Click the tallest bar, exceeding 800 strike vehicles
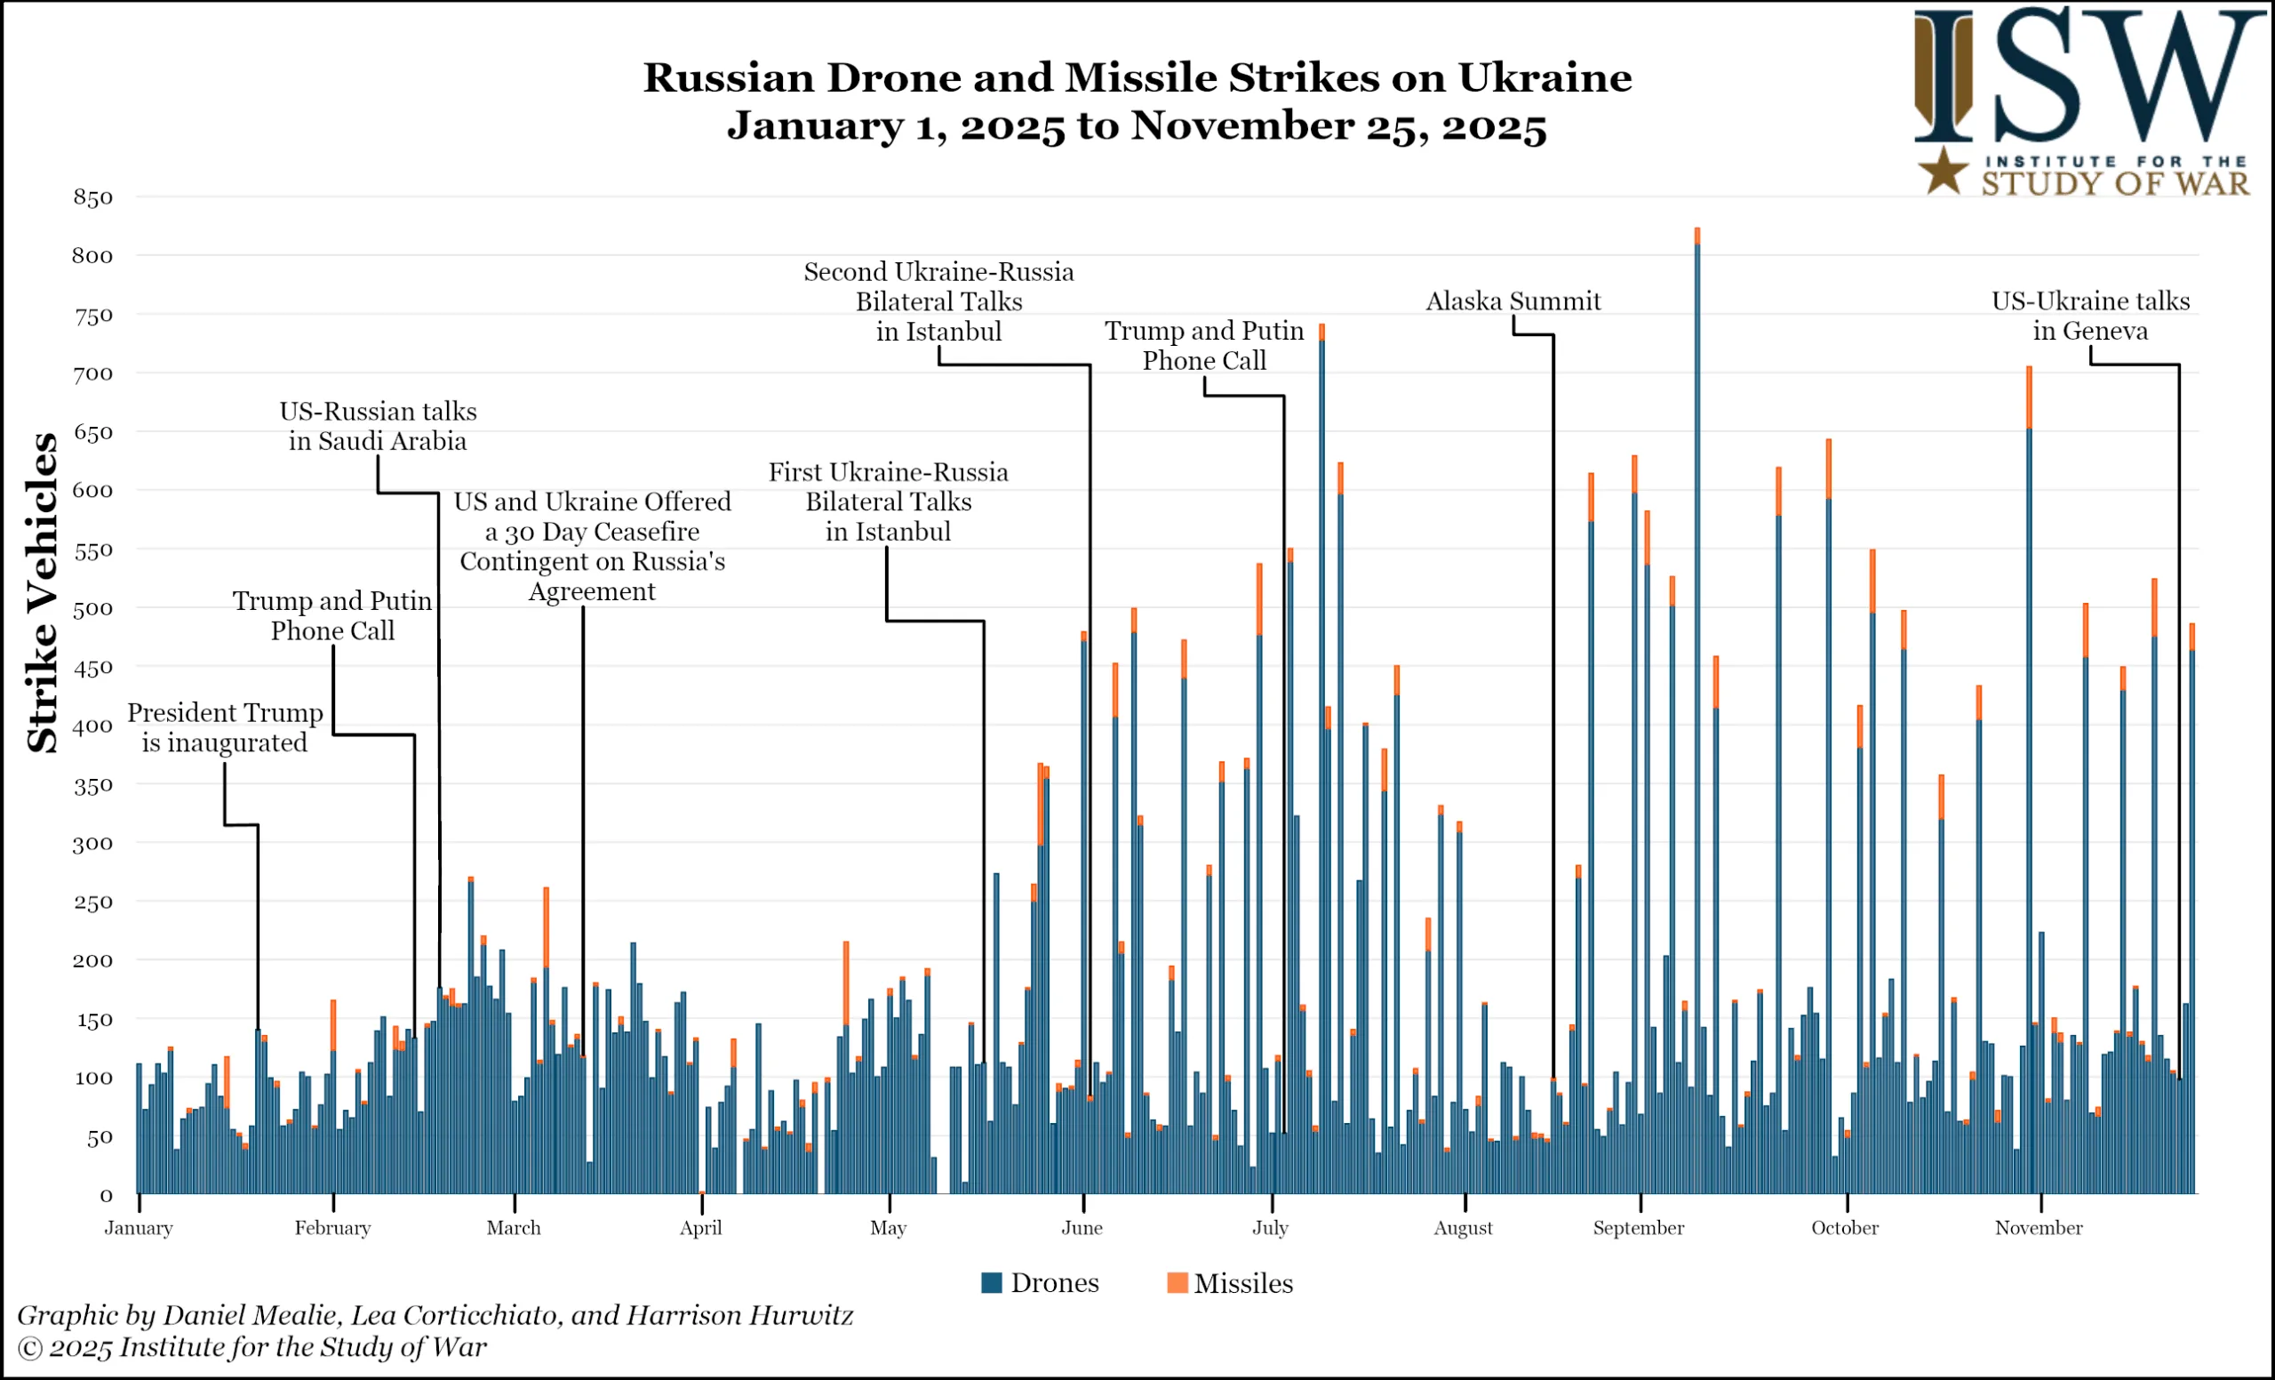[x=1697, y=711]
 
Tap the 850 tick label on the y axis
[x=92, y=197]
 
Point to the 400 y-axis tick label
[x=92, y=726]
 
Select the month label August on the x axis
[x=1463, y=1228]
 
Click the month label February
[x=332, y=1228]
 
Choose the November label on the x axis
[x=2039, y=1228]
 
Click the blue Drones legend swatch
[x=992, y=1282]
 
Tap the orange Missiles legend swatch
[x=1177, y=1282]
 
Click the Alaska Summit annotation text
[x=1513, y=301]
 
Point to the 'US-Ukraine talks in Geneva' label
[x=2090, y=316]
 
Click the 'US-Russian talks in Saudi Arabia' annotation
[x=378, y=426]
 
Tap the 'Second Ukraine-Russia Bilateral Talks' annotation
[x=938, y=301]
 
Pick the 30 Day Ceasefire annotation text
[x=592, y=546]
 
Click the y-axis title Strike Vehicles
[x=43, y=592]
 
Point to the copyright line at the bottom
[x=251, y=1348]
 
